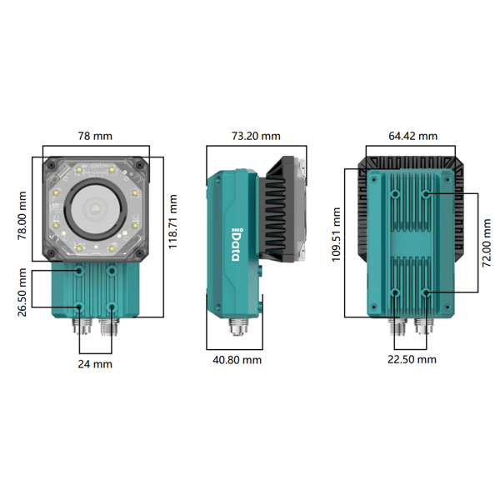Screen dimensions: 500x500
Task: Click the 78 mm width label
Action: [x=95, y=136]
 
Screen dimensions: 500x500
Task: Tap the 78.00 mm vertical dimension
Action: [x=22, y=216]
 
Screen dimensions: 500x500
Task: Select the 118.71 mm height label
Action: [x=172, y=222]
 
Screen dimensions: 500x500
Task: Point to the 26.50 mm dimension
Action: [x=22, y=292]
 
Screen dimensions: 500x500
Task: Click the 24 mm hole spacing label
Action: [x=95, y=364]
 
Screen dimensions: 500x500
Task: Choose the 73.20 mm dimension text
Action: [x=256, y=136]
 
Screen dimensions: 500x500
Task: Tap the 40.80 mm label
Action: [x=237, y=360]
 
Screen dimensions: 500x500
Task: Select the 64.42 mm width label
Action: [x=413, y=136]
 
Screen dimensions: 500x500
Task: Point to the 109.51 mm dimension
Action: [x=337, y=234]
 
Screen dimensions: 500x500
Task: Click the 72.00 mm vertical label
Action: [x=487, y=243]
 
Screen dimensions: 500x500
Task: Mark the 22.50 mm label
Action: [x=412, y=360]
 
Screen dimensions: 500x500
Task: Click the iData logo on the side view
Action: [x=236, y=244]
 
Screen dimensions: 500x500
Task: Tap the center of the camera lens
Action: [x=95, y=209]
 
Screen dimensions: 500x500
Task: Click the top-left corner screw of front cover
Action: [x=52, y=165]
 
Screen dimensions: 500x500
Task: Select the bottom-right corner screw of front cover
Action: [x=139, y=254]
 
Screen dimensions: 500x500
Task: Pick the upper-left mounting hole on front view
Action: [x=79, y=272]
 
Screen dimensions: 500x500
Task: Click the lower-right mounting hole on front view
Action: [x=112, y=307]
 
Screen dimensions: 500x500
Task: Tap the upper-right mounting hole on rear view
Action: [x=426, y=193]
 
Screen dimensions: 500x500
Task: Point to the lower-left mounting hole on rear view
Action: [x=395, y=292]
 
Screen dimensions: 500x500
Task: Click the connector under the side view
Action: [x=238, y=326]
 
